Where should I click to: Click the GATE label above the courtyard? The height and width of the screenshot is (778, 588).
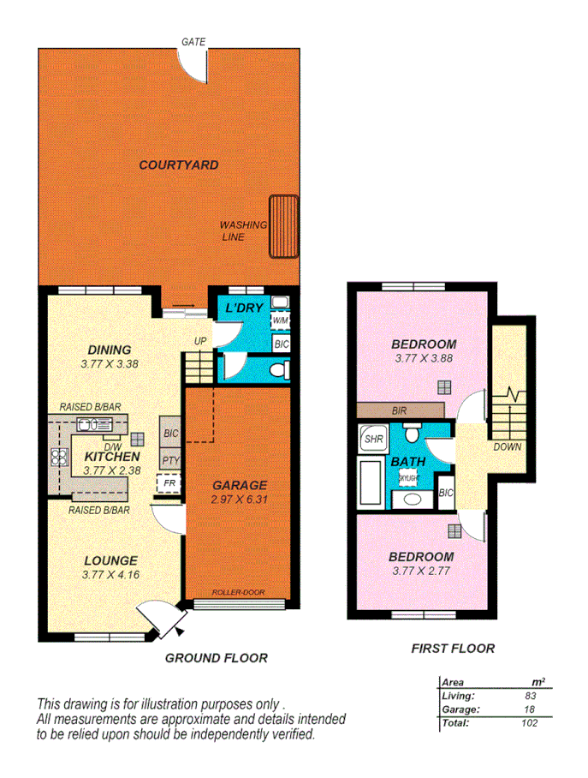(x=193, y=41)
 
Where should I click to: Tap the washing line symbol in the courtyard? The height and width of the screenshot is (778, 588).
(x=283, y=226)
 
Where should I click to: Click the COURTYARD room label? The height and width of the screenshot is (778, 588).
(x=178, y=165)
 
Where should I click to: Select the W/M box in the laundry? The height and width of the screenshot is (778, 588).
(x=280, y=320)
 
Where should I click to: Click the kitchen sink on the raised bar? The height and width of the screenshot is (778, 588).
(x=88, y=424)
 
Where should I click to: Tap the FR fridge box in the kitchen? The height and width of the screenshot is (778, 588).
(x=169, y=483)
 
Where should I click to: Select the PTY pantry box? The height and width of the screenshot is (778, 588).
(x=169, y=460)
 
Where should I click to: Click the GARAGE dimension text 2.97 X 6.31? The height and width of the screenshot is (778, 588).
(x=239, y=500)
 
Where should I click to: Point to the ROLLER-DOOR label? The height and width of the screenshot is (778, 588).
(x=238, y=592)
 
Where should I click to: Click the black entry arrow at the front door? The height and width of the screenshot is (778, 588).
(x=180, y=631)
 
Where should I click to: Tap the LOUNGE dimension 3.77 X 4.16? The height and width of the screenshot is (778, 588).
(x=111, y=574)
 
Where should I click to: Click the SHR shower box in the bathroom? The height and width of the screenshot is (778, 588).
(x=373, y=439)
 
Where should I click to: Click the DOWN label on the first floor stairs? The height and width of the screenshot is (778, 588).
(x=507, y=446)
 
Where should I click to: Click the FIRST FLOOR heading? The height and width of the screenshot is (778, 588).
(x=453, y=649)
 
